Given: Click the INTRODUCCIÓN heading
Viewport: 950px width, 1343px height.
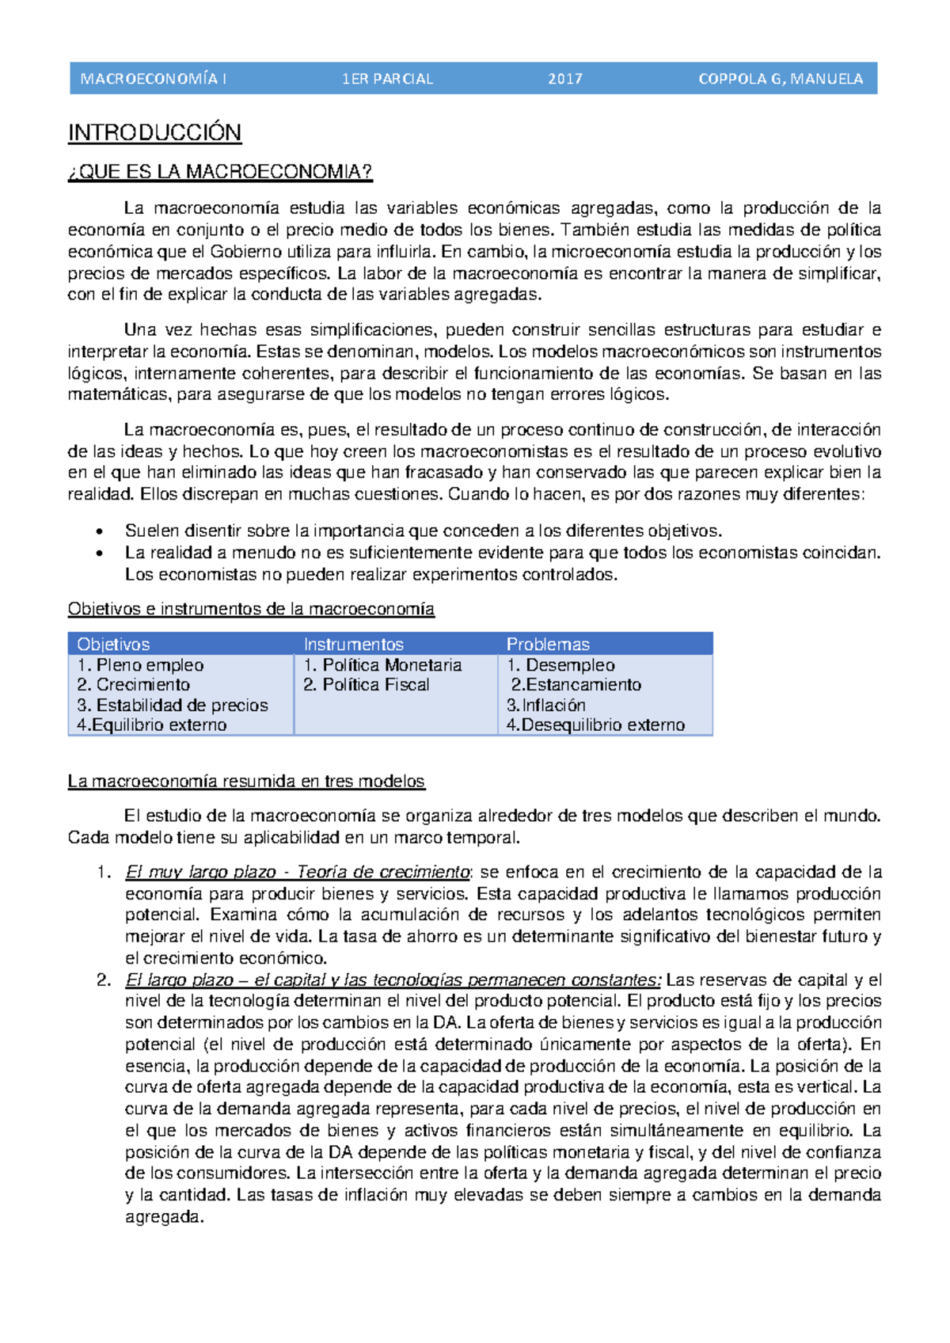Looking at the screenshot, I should (154, 132).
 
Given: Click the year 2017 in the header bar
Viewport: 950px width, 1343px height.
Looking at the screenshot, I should (564, 79).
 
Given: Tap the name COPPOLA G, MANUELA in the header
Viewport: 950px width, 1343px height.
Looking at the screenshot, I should (780, 79).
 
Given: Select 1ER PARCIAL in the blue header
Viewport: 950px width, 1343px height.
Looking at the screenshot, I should (387, 79).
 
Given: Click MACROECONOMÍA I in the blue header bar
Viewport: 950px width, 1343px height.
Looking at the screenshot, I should (154, 79).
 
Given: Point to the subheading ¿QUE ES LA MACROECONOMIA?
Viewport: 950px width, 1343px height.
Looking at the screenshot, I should (220, 172).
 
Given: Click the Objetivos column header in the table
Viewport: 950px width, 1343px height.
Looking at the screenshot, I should (113, 644).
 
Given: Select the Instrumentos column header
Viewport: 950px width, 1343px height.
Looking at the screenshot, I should (353, 644).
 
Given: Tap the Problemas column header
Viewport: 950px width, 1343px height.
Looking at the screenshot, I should (548, 644).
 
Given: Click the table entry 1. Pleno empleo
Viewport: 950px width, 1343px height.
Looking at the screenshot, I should (140, 665).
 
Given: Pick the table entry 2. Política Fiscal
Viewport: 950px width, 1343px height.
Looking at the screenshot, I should (366, 684).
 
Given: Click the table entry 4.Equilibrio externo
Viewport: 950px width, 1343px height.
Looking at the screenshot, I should (151, 725).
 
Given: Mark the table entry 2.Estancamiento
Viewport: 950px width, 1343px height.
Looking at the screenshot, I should (576, 684).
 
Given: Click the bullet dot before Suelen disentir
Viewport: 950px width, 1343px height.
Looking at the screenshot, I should (99, 531).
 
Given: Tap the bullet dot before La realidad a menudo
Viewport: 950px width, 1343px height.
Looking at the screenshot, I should (99, 554).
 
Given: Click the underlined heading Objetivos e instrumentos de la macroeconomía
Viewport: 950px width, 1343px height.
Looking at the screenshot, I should (251, 609).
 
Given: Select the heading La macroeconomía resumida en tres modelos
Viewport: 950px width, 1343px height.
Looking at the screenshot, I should (246, 782).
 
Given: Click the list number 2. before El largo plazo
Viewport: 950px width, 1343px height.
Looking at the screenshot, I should (104, 980).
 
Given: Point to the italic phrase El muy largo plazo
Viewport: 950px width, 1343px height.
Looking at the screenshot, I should (200, 872).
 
